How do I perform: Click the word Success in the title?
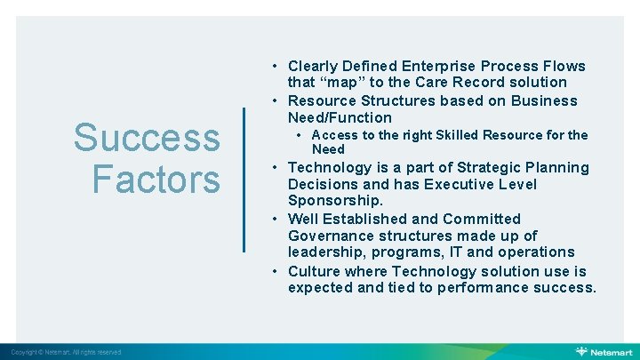(x=147, y=138)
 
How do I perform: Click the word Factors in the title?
(x=156, y=178)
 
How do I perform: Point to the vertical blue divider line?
(x=244, y=179)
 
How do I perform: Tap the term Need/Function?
(x=340, y=117)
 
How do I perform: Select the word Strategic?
(x=491, y=167)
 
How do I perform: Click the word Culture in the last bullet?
(x=314, y=270)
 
